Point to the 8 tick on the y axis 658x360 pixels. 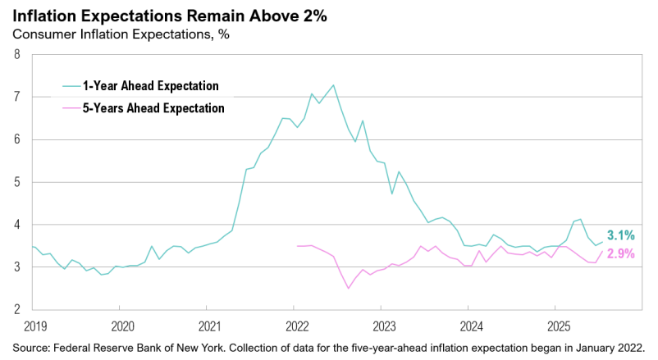pyautogui.click(x=16, y=55)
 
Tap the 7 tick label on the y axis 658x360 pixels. pyautogui.click(x=16, y=98)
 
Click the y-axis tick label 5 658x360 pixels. pyautogui.click(x=16, y=182)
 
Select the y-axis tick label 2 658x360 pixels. pyautogui.click(x=16, y=309)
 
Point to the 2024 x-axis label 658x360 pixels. pyautogui.click(x=469, y=326)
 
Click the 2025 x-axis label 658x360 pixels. pyautogui.click(x=556, y=326)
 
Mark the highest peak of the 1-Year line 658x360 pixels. pyautogui.click(x=333, y=84)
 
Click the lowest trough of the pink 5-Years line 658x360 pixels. pyautogui.click(x=349, y=288)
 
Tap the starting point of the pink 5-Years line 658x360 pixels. pyautogui.click(x=296, y=246)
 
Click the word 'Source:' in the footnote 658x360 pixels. pyautogui.click(x=32, y=347)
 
